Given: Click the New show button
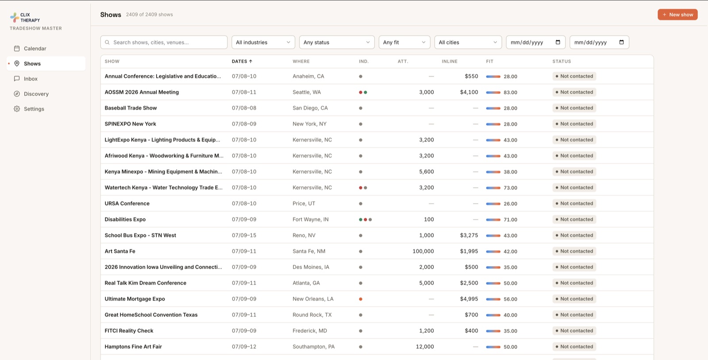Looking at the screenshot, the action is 677,15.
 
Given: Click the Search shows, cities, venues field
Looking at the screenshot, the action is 164,42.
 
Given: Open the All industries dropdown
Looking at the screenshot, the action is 263,42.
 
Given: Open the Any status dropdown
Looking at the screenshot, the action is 337,42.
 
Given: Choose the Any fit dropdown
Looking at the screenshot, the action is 404,42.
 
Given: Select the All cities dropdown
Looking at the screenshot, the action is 468,42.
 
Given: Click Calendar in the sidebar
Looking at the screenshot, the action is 35,48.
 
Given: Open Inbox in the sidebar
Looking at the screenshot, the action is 31,79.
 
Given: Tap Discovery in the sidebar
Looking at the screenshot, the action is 36,94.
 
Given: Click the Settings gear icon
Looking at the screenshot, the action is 17,109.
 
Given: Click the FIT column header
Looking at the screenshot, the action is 489,62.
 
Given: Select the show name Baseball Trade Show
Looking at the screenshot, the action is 131,108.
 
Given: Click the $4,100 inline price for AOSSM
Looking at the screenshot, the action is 469,92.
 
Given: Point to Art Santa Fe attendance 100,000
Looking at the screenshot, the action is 423,251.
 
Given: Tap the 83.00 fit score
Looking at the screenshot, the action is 510,93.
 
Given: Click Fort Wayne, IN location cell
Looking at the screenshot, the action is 310,219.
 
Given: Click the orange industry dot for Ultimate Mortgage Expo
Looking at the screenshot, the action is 361,299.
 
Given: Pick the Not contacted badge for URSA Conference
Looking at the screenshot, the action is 574,203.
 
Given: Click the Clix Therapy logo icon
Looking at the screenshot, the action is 14,17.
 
